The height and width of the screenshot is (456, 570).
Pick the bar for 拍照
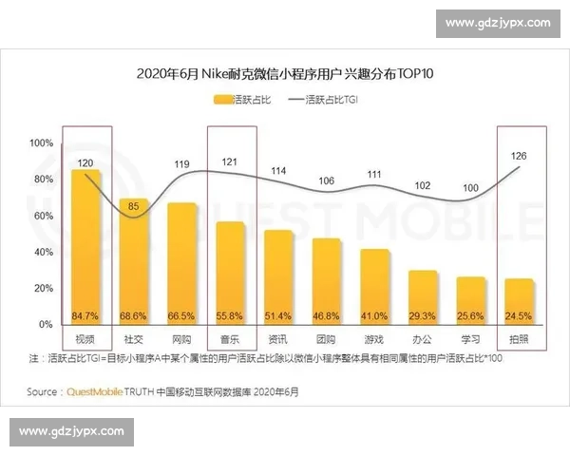point(519,300)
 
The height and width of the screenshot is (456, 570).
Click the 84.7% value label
point(85,315)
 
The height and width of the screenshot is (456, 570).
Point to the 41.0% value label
point(374,315)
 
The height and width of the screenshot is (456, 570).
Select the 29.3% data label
point(423,315)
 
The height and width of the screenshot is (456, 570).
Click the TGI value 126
point(518,155)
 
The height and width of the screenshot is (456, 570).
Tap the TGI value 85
point(134,205)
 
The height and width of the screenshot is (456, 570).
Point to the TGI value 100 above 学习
point(470,188)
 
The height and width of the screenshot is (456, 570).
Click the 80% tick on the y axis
point(42,179)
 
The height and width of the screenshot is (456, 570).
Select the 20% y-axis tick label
point(42,288)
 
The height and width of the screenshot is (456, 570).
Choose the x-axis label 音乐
point(230,339)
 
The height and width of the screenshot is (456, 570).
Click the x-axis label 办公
point(423,339)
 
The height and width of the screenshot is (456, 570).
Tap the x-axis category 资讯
point(278,339)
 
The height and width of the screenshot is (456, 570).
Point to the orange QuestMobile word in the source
point(95,391)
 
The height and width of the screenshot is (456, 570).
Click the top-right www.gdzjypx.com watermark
point(497,22)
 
